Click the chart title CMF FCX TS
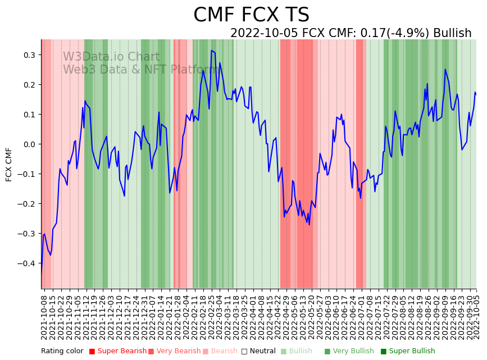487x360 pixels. pos(251,15)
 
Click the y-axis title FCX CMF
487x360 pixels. pos(9,165)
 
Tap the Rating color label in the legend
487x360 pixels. pos(62,351)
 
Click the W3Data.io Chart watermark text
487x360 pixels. pos(111,57)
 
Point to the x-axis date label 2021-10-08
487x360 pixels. pos(44,315)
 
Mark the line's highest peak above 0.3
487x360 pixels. pos(211,51)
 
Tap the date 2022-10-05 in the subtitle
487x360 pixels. pos(265,33)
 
